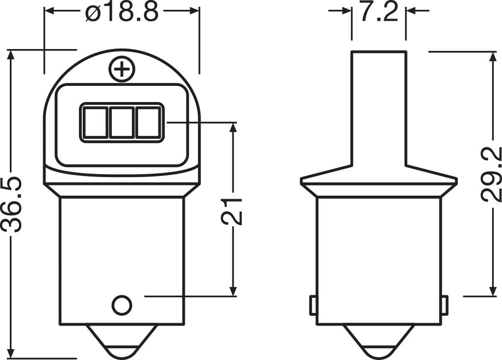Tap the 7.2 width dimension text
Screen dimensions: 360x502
coord(378,12)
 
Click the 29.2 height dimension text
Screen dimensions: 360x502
coord(491,175)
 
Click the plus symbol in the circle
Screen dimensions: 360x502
coord(122,70)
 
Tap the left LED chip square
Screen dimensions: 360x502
coord(94,122)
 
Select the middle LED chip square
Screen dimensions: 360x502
coord(121,122)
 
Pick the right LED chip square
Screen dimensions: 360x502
coord(148,122)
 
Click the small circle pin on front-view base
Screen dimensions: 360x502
coord(122,305)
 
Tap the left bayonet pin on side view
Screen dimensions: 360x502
coord(312,306)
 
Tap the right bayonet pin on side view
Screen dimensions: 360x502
coord(444,306)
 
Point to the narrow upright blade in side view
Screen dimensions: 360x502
coord(378,108)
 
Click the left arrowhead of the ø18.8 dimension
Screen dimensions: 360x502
coord(50,10)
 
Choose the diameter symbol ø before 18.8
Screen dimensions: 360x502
coord(92,13)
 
